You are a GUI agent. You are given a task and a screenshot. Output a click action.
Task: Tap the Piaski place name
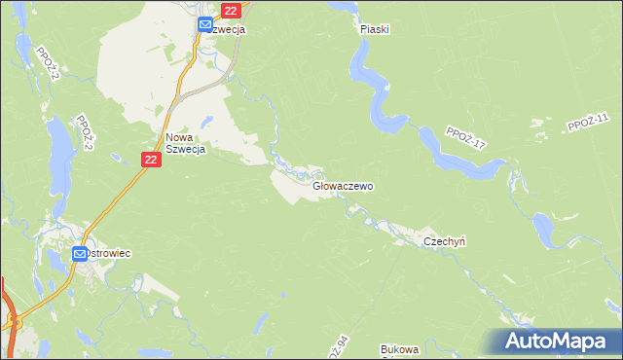374,29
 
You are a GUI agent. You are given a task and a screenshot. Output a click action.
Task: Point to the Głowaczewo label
343,185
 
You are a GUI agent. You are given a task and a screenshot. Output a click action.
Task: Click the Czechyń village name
445,241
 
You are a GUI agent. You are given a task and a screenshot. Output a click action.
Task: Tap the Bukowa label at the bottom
399,349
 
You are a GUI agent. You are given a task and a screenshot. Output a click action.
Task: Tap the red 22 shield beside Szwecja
230,10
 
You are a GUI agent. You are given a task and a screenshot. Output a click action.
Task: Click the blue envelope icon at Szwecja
204,25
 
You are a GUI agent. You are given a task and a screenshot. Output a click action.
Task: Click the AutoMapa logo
558,342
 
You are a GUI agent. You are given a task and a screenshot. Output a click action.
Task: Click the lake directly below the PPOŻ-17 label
458,161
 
